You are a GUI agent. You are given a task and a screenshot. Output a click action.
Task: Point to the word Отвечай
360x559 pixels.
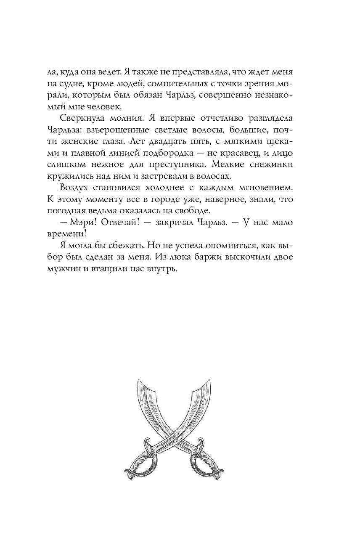(x=115, y=223)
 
